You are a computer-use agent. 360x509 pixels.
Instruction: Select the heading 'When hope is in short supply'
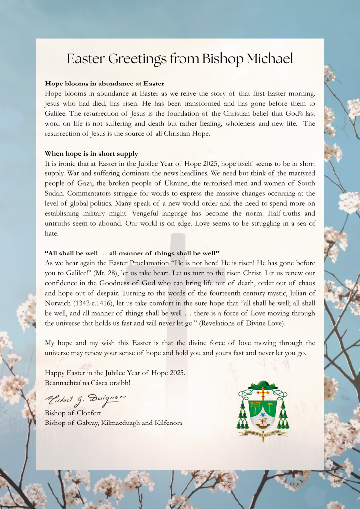(x=91, y=153)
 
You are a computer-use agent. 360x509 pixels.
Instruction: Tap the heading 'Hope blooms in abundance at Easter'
(x=104, y=84)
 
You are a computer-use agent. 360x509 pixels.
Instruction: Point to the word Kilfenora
(x=165, y=423)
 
